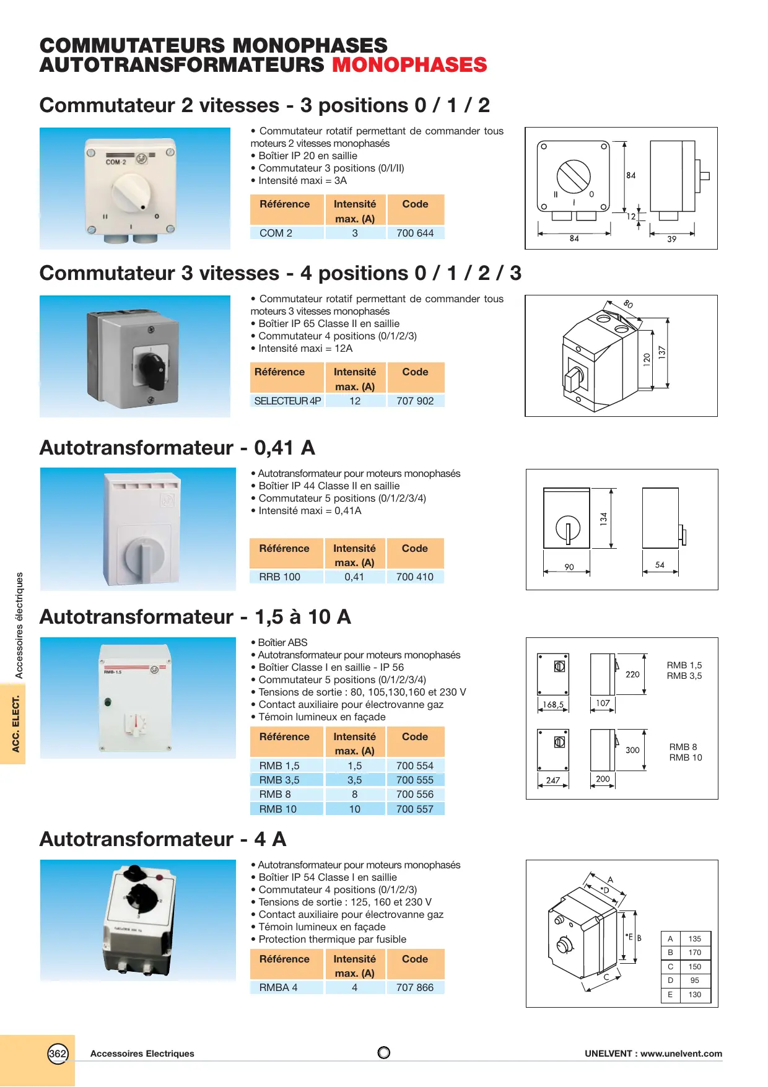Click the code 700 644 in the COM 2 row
point(415,234)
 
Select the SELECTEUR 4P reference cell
point(287,401)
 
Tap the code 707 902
point(415,401)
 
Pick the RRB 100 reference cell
point(279,577)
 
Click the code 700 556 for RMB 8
point(415,795)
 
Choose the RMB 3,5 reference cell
point(279,780)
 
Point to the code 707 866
point(415,988)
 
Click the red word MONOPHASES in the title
point(409,65)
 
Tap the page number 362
point(58,1054)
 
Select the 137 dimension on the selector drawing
point(662,352)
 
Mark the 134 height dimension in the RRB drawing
point(604,519)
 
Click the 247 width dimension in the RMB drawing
point(553,780)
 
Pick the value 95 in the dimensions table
point(695,980)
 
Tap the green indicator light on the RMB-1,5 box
point(108,702)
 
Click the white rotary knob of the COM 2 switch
point(131,190)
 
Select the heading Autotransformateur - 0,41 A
point(177,448)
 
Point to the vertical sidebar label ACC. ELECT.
point(16,723)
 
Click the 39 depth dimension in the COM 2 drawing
point(672,239)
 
